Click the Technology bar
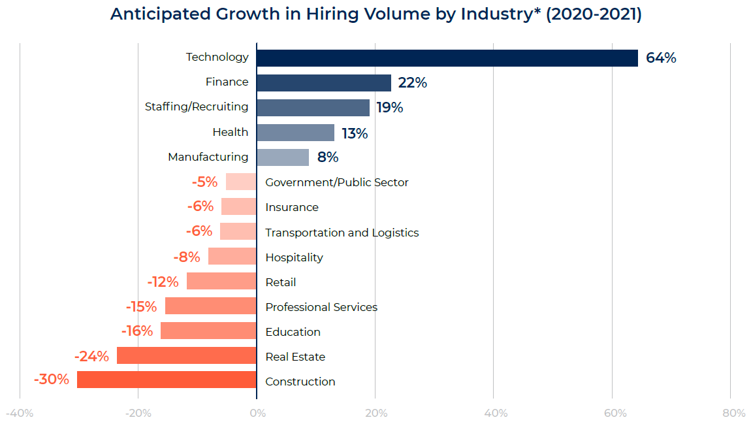coord(447,57)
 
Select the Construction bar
coord(167,380)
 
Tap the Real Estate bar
coord(186,355)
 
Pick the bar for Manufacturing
coord(282,157)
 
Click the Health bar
coord(295,133)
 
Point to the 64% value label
coord(661,58)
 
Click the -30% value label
coord(51,379)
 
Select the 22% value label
coord(412,83)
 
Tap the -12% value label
coord(163,282)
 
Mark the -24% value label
coord(91,356)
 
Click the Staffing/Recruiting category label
coord(197,106)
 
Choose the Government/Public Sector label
coord(336,182)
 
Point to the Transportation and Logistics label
coord(342,233)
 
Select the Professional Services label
coord(321,307)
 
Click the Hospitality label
coord(294,257)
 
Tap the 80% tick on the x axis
coord(734,414)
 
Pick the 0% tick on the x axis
coord(257,414)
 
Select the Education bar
coord(208,331)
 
